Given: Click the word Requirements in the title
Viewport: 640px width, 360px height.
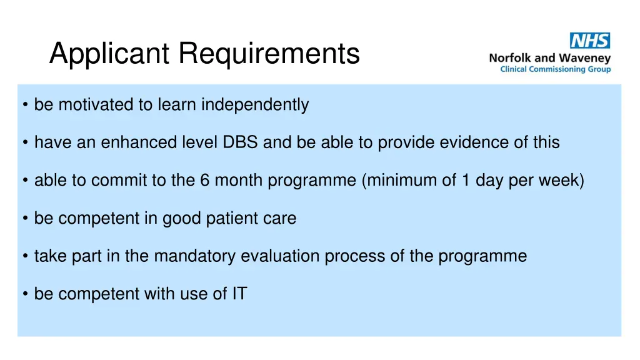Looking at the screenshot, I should (270, 54).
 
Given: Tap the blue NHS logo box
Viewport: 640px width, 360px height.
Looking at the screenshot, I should (590, 41).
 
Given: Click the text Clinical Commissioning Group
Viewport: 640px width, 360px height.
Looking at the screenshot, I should (556, 69).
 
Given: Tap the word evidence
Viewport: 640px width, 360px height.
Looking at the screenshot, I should (475, 142).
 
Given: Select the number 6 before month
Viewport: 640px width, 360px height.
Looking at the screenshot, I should (204, 181).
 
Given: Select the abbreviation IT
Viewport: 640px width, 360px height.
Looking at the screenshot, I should (239, 294).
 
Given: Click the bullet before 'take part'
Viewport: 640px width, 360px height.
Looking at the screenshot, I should (24, 256).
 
